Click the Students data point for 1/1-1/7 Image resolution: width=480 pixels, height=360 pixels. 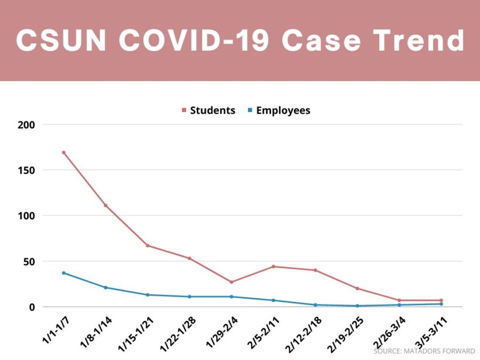(x=63, y=153)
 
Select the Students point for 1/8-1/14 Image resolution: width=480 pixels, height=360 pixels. (x=106, y=205)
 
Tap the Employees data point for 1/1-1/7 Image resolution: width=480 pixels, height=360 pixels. (x=63, y=273)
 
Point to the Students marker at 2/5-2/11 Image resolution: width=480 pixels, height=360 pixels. (x=274, y=267)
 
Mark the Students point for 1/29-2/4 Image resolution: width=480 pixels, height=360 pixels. (x=231, y=282)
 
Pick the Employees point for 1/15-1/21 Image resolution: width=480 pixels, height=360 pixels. (x=147, y=295)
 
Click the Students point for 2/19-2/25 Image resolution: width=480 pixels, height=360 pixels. (x=357, y=289)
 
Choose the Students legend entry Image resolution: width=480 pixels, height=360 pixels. (x=209, y=111)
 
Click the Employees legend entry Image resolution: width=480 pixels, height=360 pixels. (x=279, y=111)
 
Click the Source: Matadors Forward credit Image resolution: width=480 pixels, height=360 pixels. (x=424, y=351)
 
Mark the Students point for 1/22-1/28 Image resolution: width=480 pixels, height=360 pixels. (x=189, y=258)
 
